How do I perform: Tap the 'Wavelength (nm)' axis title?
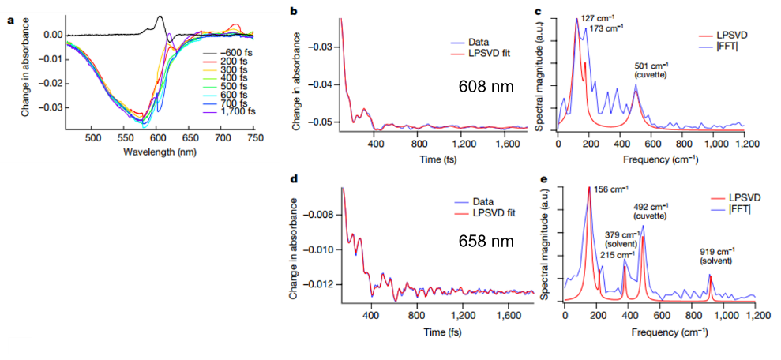point(161,150)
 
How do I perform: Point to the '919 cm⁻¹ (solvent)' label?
point(715,256)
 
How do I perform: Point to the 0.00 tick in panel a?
point(53,35)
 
